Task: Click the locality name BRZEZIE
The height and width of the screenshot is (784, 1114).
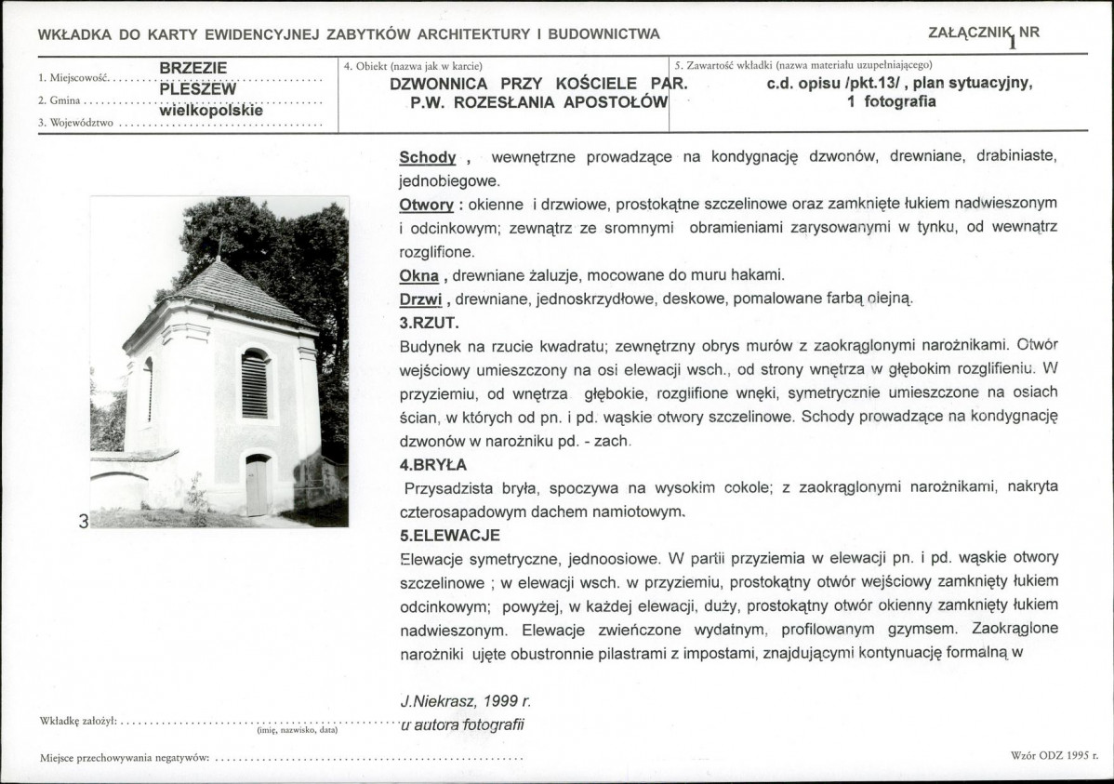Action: pyautogui.click(x=192, y=68)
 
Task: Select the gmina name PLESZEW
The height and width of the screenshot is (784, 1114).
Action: pyautogui.click(x=197, y=89)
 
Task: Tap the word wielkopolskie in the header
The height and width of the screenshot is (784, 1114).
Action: pyautogui.click(x=210, y=110)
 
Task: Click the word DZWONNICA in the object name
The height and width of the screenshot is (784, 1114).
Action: pyautogui.click(x=433, y=82)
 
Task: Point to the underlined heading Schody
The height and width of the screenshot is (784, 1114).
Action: pyautogui.click(x=427, y=158)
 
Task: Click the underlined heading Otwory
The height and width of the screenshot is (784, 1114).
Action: pyautogui.click(x=426, y=204)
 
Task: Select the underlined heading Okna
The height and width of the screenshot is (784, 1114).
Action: pyautogui.click(x=418, y=276)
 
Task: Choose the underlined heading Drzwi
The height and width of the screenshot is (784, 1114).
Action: pyautogui.click(x=419, y=299)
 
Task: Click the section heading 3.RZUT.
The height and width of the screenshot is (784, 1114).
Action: pyautogui.click(x=430, y=324)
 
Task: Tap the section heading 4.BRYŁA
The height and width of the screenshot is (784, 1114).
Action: pyautogui.click(x=432, y=464)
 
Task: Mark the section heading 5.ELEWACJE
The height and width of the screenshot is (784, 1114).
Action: pyautogui.click(x=449, y=536)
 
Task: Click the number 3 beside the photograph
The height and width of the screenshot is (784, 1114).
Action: pyautogui.click(x=83, y=522)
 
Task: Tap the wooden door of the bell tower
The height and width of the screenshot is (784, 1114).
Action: pyautogui.click(x=257, y=486)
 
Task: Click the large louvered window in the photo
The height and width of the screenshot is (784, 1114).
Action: pyautogui.click(x=254, y=383)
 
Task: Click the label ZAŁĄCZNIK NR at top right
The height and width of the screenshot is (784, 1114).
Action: pyautogui.click(x=984, y=33)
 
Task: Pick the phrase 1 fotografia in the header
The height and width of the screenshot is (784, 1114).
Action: pyautogui.click(x=892, y=101)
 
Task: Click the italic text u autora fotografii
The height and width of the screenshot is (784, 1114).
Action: pyautogui.click(x=462, y=724)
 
